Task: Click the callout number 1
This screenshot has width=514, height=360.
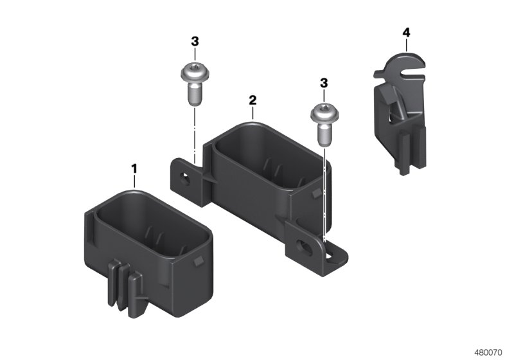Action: (x=134, y=168)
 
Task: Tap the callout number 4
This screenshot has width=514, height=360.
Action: (x=406, y=31)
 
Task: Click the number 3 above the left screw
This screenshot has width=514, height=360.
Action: (x=195, y=41)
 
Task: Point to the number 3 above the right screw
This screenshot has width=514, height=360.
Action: (x=324, y=83)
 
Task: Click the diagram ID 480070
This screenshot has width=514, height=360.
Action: (x=489, y=352)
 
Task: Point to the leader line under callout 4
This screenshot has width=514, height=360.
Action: (x=406, y=43)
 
